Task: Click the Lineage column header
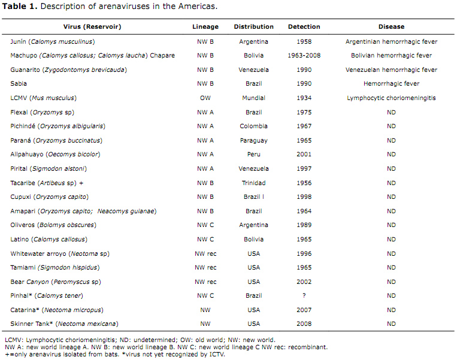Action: [205, 27]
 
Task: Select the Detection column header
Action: [304, 27]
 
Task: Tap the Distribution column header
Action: [253, 27]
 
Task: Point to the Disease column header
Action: [391, 27]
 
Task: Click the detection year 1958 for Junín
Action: [304, 42]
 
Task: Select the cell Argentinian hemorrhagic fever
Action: [391, 42]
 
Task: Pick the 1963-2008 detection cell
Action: [304, 56]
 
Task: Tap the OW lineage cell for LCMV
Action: [205, 98]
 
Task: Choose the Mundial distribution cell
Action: [253, 98]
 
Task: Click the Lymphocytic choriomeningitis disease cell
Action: [391, 98]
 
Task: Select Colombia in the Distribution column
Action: [253, 126]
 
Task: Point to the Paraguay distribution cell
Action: [253, 141]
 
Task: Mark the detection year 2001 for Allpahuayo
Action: [304, 155]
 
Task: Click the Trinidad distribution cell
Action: [253, 183]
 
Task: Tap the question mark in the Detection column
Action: [304, 296]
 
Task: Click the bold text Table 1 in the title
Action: [19, 7]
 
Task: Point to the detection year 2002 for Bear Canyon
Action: [304, 282]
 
